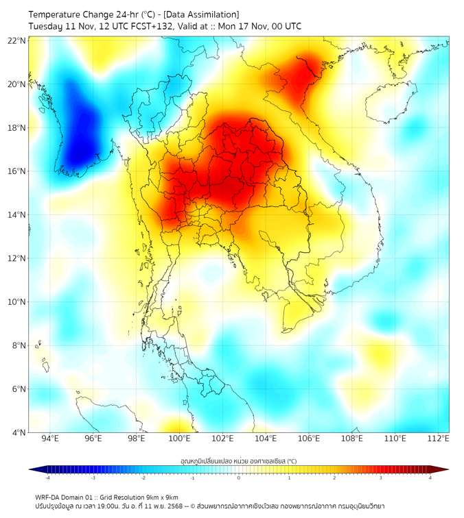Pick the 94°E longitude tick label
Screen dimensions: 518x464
pos(50,439)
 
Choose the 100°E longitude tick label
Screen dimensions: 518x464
pos(180,439)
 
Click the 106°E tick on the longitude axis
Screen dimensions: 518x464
pos(310,439)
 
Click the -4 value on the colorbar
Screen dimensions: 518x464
pos(47,478)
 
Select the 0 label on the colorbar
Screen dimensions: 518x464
pos(239,478)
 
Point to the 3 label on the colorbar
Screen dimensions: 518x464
pos(382,478)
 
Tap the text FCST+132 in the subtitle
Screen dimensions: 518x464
pos(141,26)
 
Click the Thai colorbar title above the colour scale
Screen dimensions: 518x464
pos(238,461)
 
